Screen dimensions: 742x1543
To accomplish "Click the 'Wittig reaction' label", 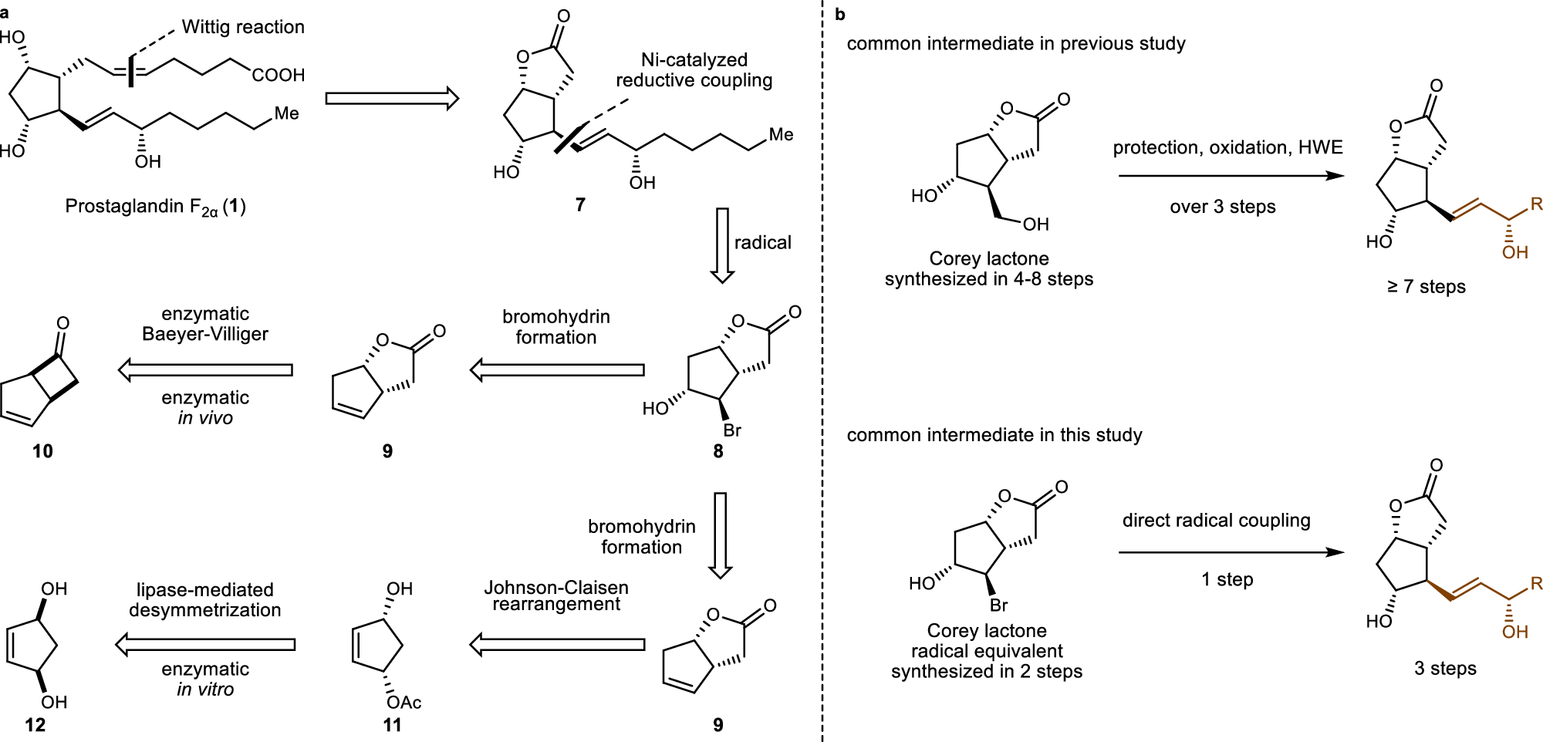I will click(x=242, y=27).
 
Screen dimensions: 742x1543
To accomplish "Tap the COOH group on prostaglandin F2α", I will click(x=279, y=75).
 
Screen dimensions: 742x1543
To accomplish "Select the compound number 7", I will click(x=580, y=204).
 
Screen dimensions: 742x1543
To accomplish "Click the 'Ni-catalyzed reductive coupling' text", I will click(x=694, y=70).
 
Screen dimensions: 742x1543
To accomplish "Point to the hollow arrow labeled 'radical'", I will click(x=722, y=245).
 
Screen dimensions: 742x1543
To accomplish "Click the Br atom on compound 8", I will click(x=731, y=430).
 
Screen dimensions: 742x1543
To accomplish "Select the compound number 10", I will click(x=42, y=451).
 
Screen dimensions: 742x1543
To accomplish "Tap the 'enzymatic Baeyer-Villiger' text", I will click(x=205, y=324).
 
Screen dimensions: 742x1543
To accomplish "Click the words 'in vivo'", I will click(x=205, y=418).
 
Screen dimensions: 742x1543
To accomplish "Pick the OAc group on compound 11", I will click(x=403, y=702).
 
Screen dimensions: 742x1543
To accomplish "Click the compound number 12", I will click(x=35, y=725).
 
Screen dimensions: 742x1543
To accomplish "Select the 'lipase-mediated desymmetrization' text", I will click(x=205, y=600).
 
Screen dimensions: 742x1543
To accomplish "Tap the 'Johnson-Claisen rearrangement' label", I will click(x=556, y=595).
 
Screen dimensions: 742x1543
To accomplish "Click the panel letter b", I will click(x=840, y=14).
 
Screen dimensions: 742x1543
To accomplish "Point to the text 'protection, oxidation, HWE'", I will click(x=1227, y=147).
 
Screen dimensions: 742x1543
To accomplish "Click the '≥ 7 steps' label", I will click(x=1426, y=287).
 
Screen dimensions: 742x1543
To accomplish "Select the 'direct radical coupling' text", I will click(x=1216, y=521).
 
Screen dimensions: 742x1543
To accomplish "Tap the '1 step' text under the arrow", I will click(x=1227, y=579).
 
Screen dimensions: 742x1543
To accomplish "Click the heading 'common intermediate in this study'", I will click(x=994, y=435).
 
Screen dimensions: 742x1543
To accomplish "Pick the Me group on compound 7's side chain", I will click(x=781, y=135).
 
